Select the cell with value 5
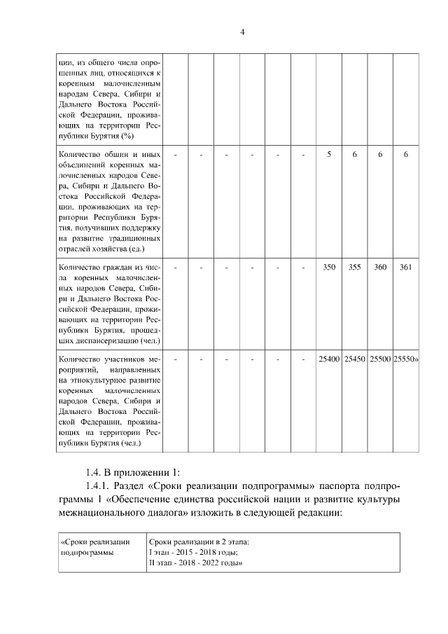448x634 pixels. tap(329, 154)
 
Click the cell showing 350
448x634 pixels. tap(329, 267)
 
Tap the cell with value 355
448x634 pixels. tap(354, 267)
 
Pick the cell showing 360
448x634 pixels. tap(380, 267)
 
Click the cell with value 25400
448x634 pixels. tap(329, 359)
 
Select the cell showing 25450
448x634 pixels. tap(354, 359)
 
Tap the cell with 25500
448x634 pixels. tap(380, 359)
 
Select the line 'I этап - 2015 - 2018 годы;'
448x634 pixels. tap(193, 553)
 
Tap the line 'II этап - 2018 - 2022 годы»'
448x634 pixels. tap(196, 563)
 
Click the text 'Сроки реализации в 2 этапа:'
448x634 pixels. tap(199, 542)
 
